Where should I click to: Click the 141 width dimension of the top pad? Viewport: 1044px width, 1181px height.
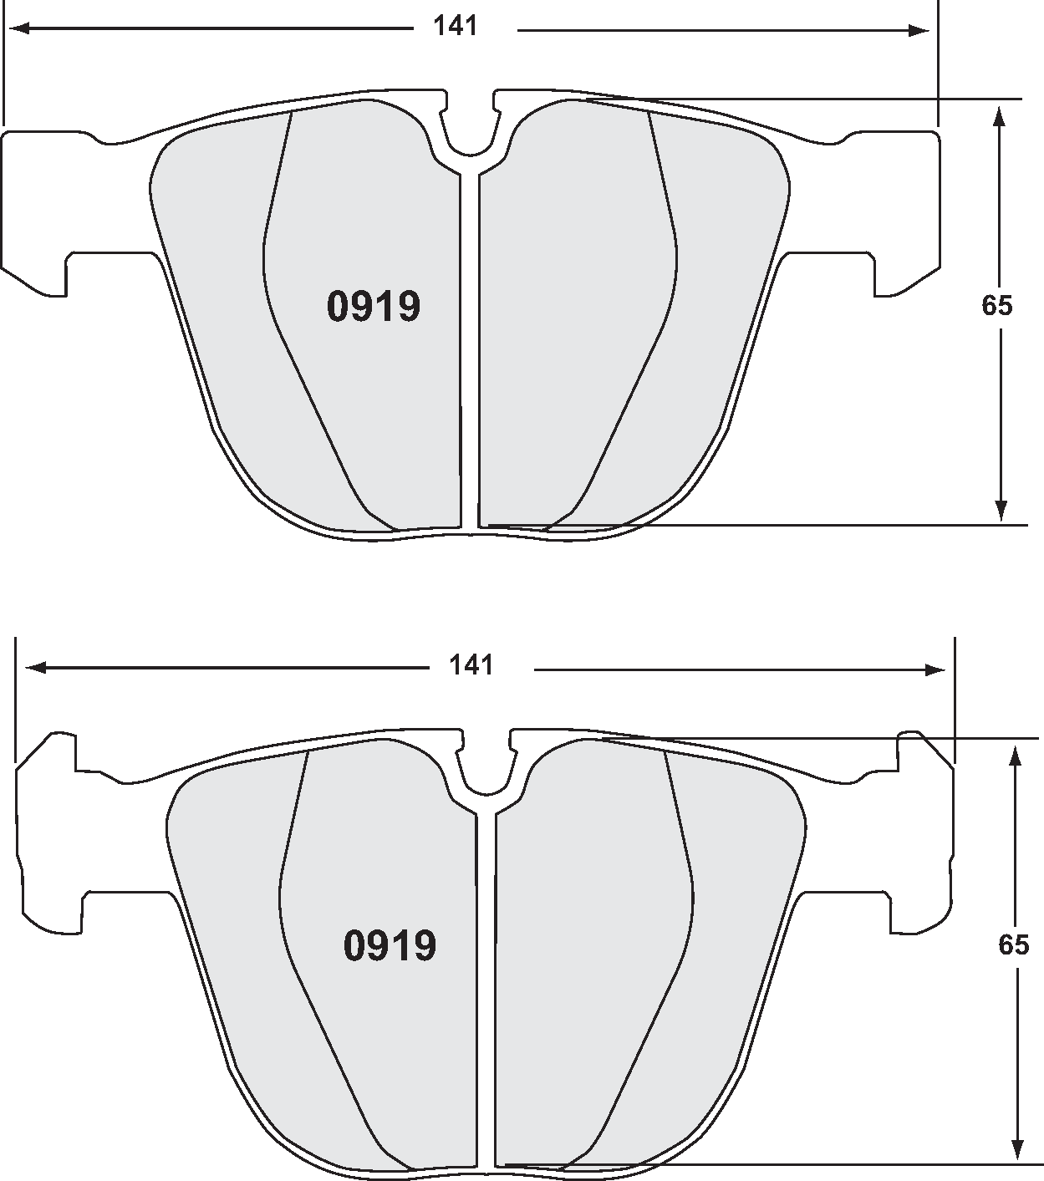click(x=456, y=27)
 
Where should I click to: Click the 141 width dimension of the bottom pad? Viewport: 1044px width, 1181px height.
click(x=472, y=665)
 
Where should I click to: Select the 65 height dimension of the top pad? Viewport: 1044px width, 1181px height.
click(x=996, y=306)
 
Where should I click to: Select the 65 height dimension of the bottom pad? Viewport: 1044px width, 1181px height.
click(x=1013, y=944)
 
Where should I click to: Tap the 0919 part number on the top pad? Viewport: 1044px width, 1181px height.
click(x=373, y=307)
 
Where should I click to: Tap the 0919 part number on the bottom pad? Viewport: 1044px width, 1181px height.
click(x=390, y=945)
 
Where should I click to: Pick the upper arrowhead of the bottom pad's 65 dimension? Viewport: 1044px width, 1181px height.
click(x=1016, y=753)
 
